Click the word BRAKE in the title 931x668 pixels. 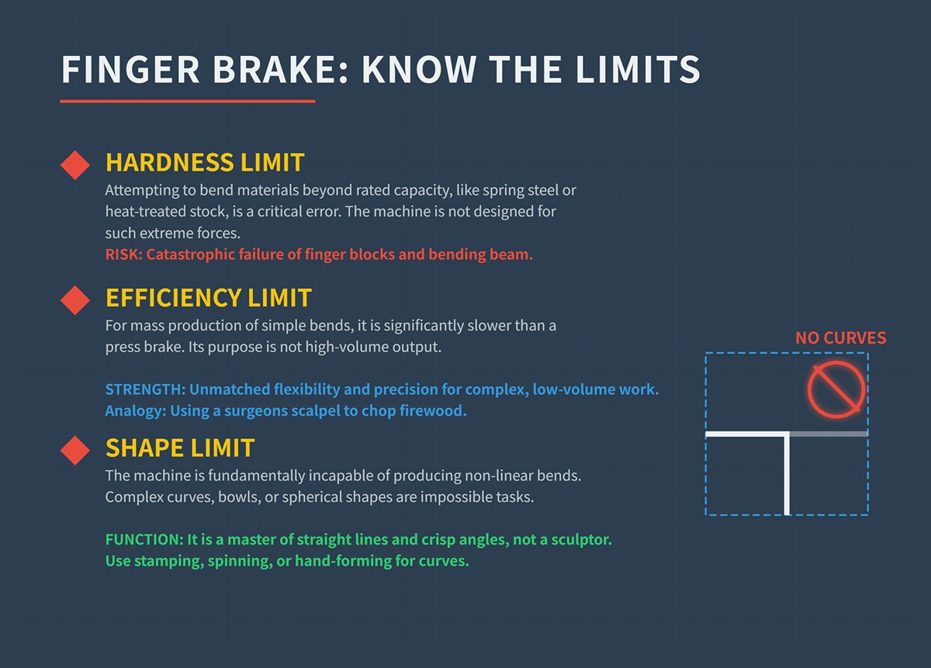click(262, 71)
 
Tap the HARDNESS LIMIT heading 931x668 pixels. click(205, 163)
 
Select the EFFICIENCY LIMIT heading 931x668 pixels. click(209, 298)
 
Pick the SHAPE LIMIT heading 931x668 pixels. click(180, 448)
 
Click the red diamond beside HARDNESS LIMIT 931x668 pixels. click(75, 165)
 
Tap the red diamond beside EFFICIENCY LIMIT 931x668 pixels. click(75, 299)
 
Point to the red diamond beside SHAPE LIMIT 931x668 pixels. click(75, 450)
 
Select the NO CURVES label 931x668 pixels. click(840, 338)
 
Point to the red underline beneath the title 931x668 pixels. click(188, 101)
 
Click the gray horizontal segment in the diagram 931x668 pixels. click(828, 434)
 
